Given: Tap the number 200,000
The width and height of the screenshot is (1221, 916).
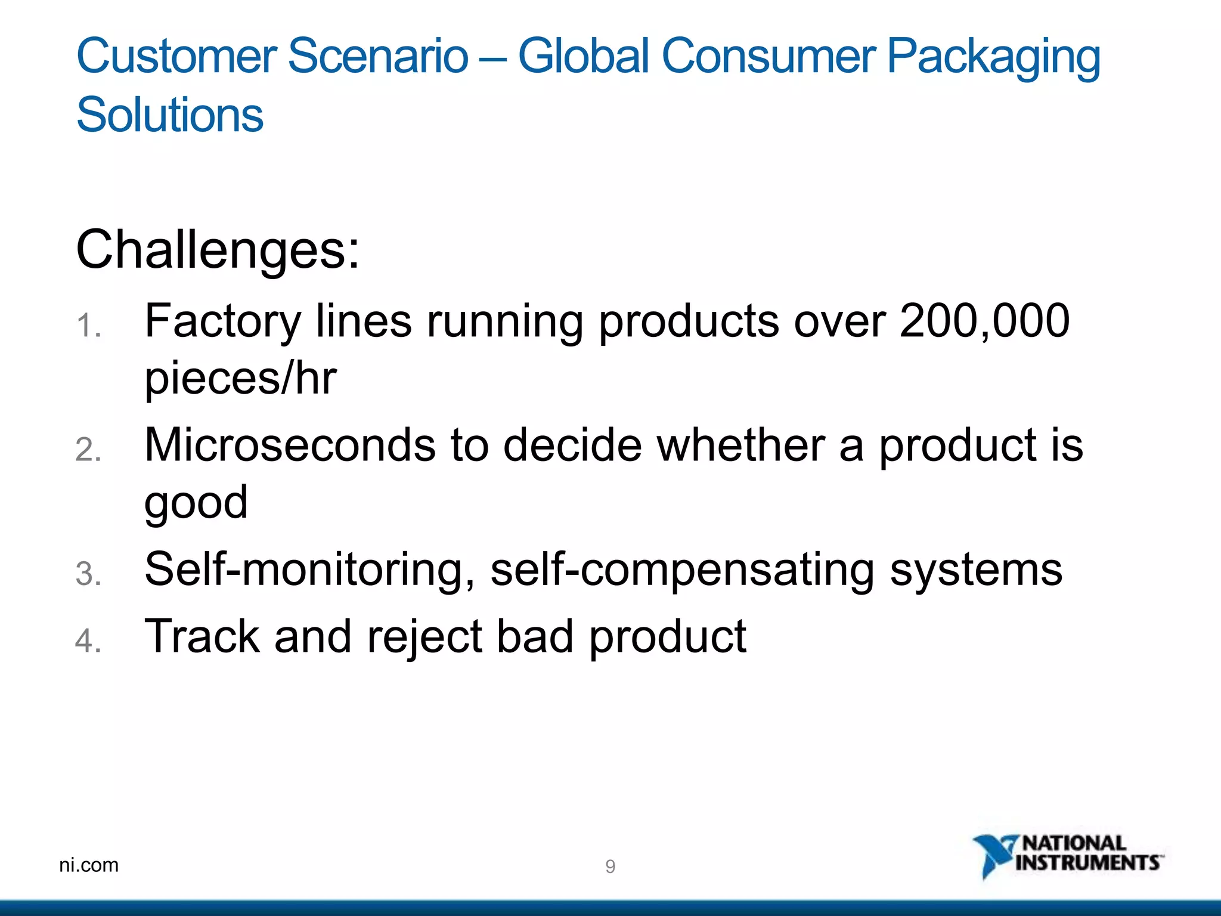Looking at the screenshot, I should click(984, 321).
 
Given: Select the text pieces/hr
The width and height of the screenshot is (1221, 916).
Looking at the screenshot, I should click(240, 379).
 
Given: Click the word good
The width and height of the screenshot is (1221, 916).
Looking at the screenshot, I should click(196, 503).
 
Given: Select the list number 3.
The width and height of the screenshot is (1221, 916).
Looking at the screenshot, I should click(88, 574).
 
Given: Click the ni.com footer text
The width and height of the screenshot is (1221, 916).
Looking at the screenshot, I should click(89, 865).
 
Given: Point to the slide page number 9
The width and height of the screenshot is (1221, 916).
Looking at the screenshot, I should click(610, 867).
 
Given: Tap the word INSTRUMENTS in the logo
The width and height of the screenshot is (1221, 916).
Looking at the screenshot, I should click(1087, 863).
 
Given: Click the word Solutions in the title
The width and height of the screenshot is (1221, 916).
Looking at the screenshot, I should click(170, 114).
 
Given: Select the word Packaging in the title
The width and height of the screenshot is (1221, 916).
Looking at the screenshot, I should click(993, 57).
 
